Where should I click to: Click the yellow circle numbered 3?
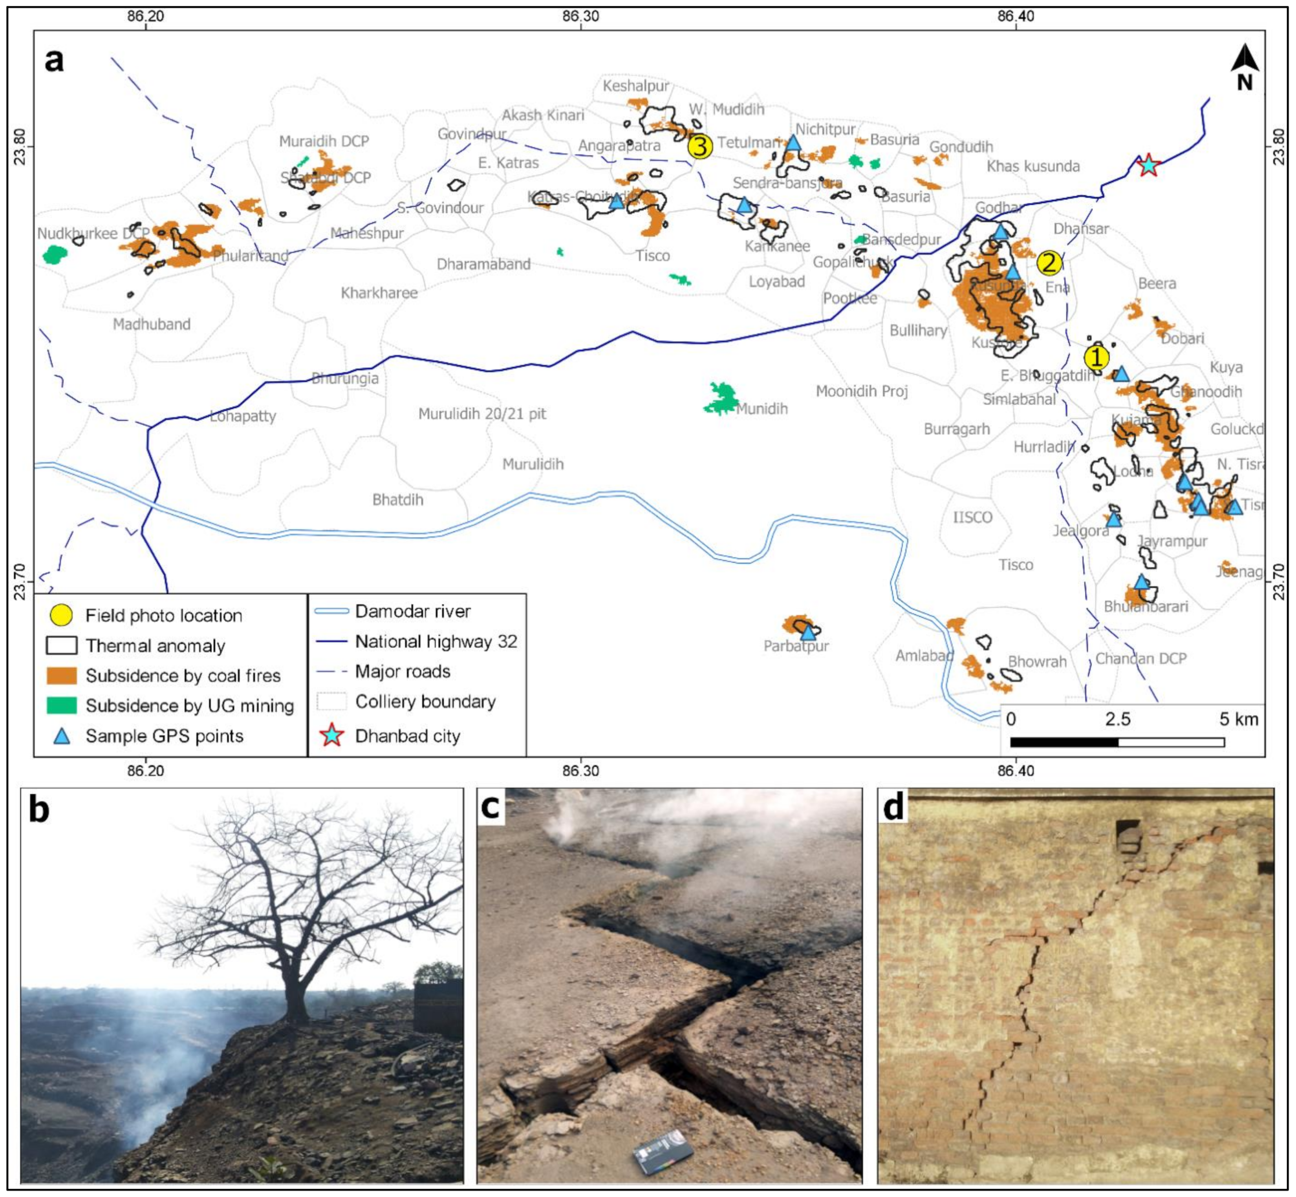(x=700, y=146)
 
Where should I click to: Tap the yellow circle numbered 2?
(x=1049, y=263)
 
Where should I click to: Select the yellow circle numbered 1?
(x=1096, y=357)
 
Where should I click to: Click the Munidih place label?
(x=761, y=409)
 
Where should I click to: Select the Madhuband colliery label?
(x=152, y=324)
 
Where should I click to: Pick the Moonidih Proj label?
(x=861, y=391)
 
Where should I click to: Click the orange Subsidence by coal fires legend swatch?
(x=62, y=676)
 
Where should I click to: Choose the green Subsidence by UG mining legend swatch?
(x=62, y=705)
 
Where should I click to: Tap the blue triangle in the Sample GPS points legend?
(x=62, y=736)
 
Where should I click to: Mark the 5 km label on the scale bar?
(x=1238, y=719)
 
